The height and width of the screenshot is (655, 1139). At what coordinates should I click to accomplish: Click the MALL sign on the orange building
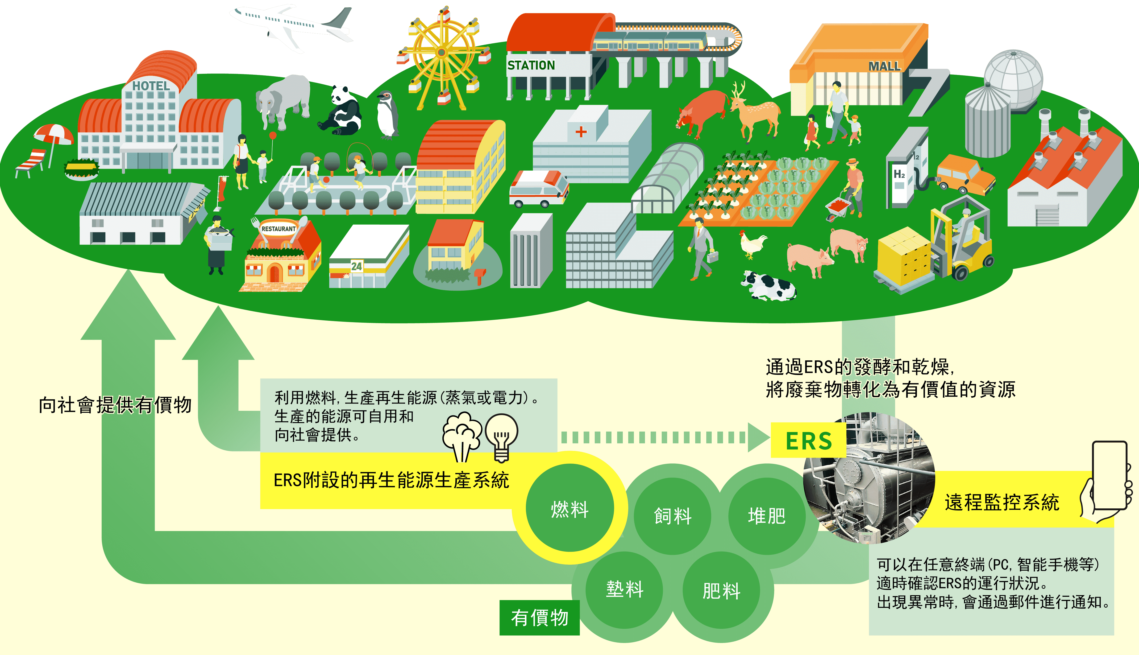click(884, 66)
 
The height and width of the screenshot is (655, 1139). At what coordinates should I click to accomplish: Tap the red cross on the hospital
click(581, 131)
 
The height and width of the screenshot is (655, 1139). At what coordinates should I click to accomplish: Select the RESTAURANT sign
click(279, 229)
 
